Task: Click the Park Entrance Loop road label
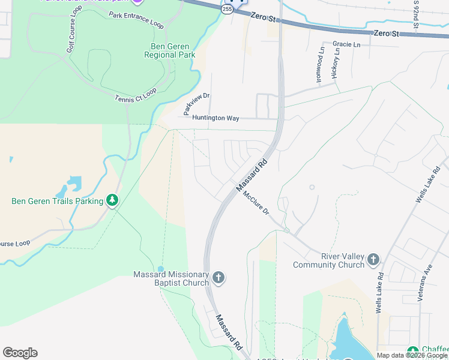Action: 136,20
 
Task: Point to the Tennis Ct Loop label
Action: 136,95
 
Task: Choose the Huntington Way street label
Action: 215,118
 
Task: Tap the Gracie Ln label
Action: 346,44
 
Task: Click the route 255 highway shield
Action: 226,10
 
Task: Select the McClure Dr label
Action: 256,205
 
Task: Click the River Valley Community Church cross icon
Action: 373,260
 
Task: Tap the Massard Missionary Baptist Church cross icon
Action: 218,277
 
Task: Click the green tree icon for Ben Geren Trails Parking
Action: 112,200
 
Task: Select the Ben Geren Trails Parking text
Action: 58,201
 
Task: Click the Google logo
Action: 20,353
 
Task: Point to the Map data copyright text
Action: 411,355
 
